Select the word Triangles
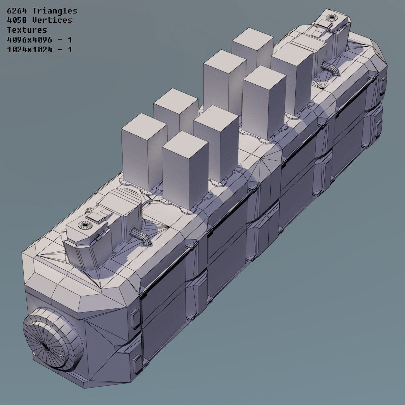pos(55,11)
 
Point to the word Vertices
pos(52,20)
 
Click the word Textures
pos(27,30)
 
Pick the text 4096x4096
pos(29,40)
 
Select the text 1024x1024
pos(29,50)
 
